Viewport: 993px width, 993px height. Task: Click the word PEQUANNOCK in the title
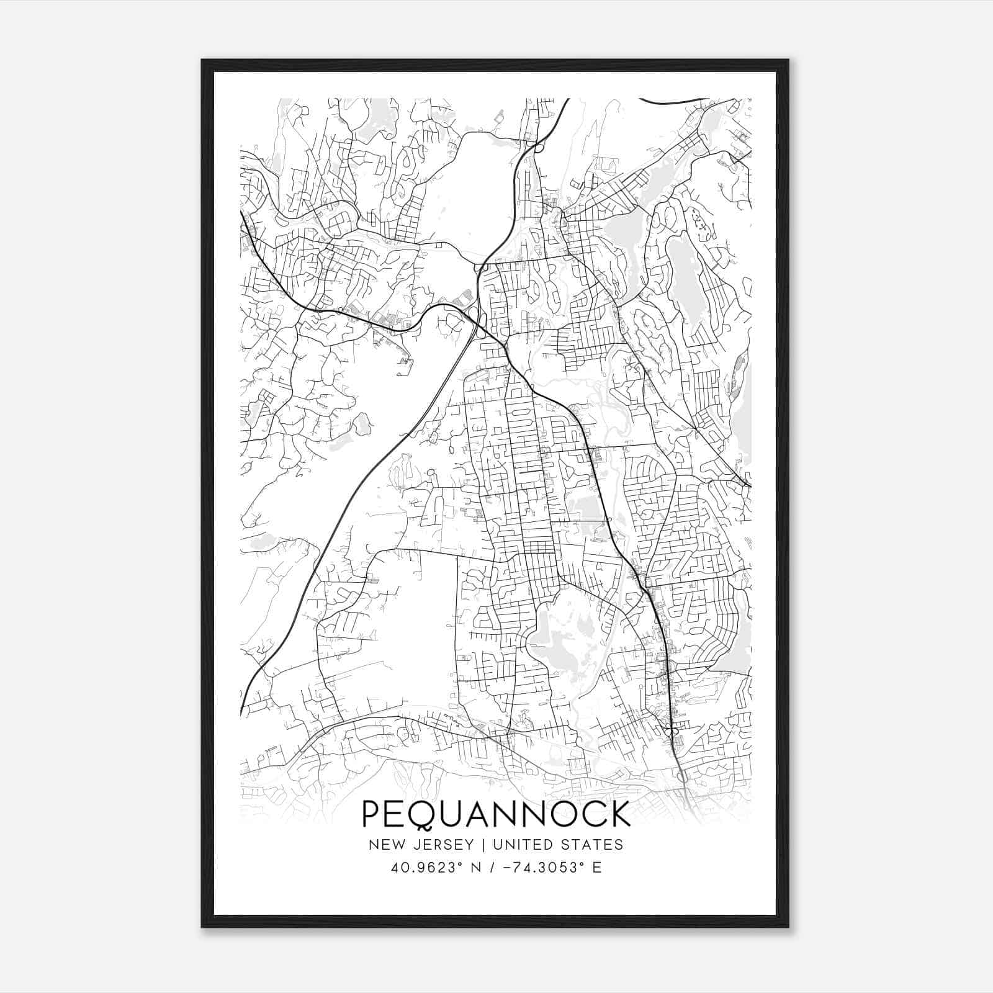pyautogui.click(x=496, y=814)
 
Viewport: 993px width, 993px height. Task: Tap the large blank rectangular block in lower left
pyautogui.click(x=410, y=621)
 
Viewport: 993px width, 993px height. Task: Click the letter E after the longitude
pyautogui.click(x=597, y=868)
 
